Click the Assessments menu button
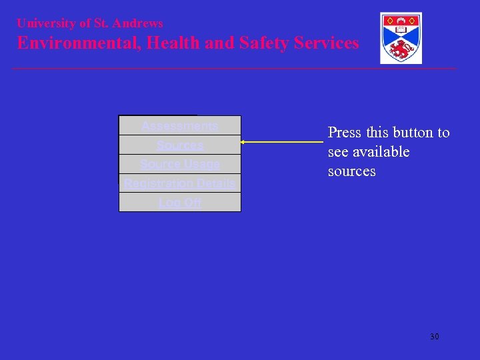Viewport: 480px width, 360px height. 179,126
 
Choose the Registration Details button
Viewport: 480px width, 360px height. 179,183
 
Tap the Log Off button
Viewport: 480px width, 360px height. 179,203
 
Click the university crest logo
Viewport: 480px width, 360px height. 401,38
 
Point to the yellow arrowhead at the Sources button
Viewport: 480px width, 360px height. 243,142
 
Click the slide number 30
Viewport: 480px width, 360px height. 434,337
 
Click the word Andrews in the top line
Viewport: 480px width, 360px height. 137,23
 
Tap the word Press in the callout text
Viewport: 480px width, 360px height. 345,133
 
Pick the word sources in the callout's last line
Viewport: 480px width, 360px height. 351,171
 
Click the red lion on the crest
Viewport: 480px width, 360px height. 401,49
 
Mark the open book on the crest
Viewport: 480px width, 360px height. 401,29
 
